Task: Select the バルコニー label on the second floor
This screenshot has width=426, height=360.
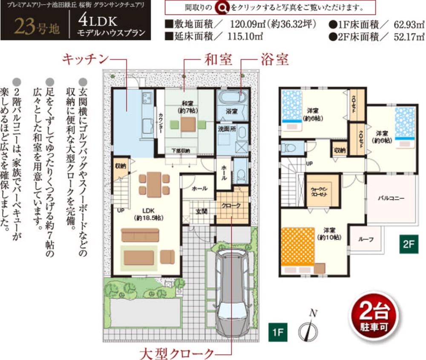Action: coord(391,198)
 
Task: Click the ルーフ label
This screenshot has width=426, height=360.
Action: coord(366,240)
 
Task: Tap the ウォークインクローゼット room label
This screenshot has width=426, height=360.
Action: coord(322,193)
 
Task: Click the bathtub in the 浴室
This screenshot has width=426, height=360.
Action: coord(232,97)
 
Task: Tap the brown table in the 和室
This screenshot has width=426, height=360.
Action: coord(188,124)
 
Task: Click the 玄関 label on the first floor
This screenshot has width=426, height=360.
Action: coord(201,211)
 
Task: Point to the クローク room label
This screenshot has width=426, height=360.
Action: coord(232,205)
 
